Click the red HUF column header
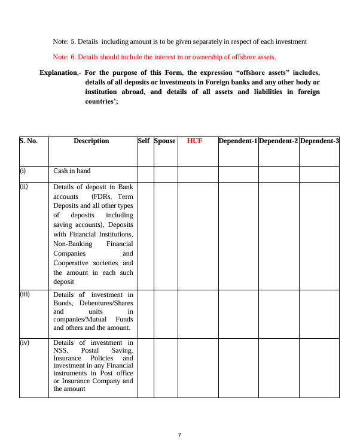[x=194, y=141]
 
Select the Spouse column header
[x=164, y=141]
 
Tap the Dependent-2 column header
[x=279, y=141]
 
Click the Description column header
[x=91, y=141]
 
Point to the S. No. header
[x=28, y=141]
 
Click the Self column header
[x=144, y=141]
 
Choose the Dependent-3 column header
[x=319, y=141]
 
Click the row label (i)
[x=23, y=171]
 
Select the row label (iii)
[x=25, y=295]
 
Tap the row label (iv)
[x=25, y=343]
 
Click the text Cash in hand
[x=72, y=171]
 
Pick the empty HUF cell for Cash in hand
[x=198, y=174]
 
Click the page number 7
[x=179, y=435]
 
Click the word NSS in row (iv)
[x=59, y=350]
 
